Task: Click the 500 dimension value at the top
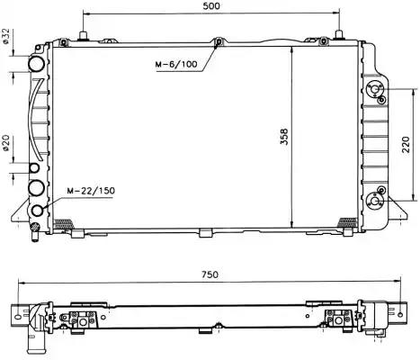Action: tap(211, 6)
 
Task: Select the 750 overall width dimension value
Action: tap(210, 274)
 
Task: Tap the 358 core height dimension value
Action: tap(284, 137)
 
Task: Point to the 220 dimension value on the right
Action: tap(406, 144)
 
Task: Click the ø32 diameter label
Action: tap(5, 37)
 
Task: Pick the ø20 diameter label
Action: tap(5, 143)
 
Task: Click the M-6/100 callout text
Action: tap(176, 64)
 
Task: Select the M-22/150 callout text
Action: tap(91, 191)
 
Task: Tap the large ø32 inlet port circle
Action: tap(36, 64)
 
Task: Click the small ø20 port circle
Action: tap(34, 168)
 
